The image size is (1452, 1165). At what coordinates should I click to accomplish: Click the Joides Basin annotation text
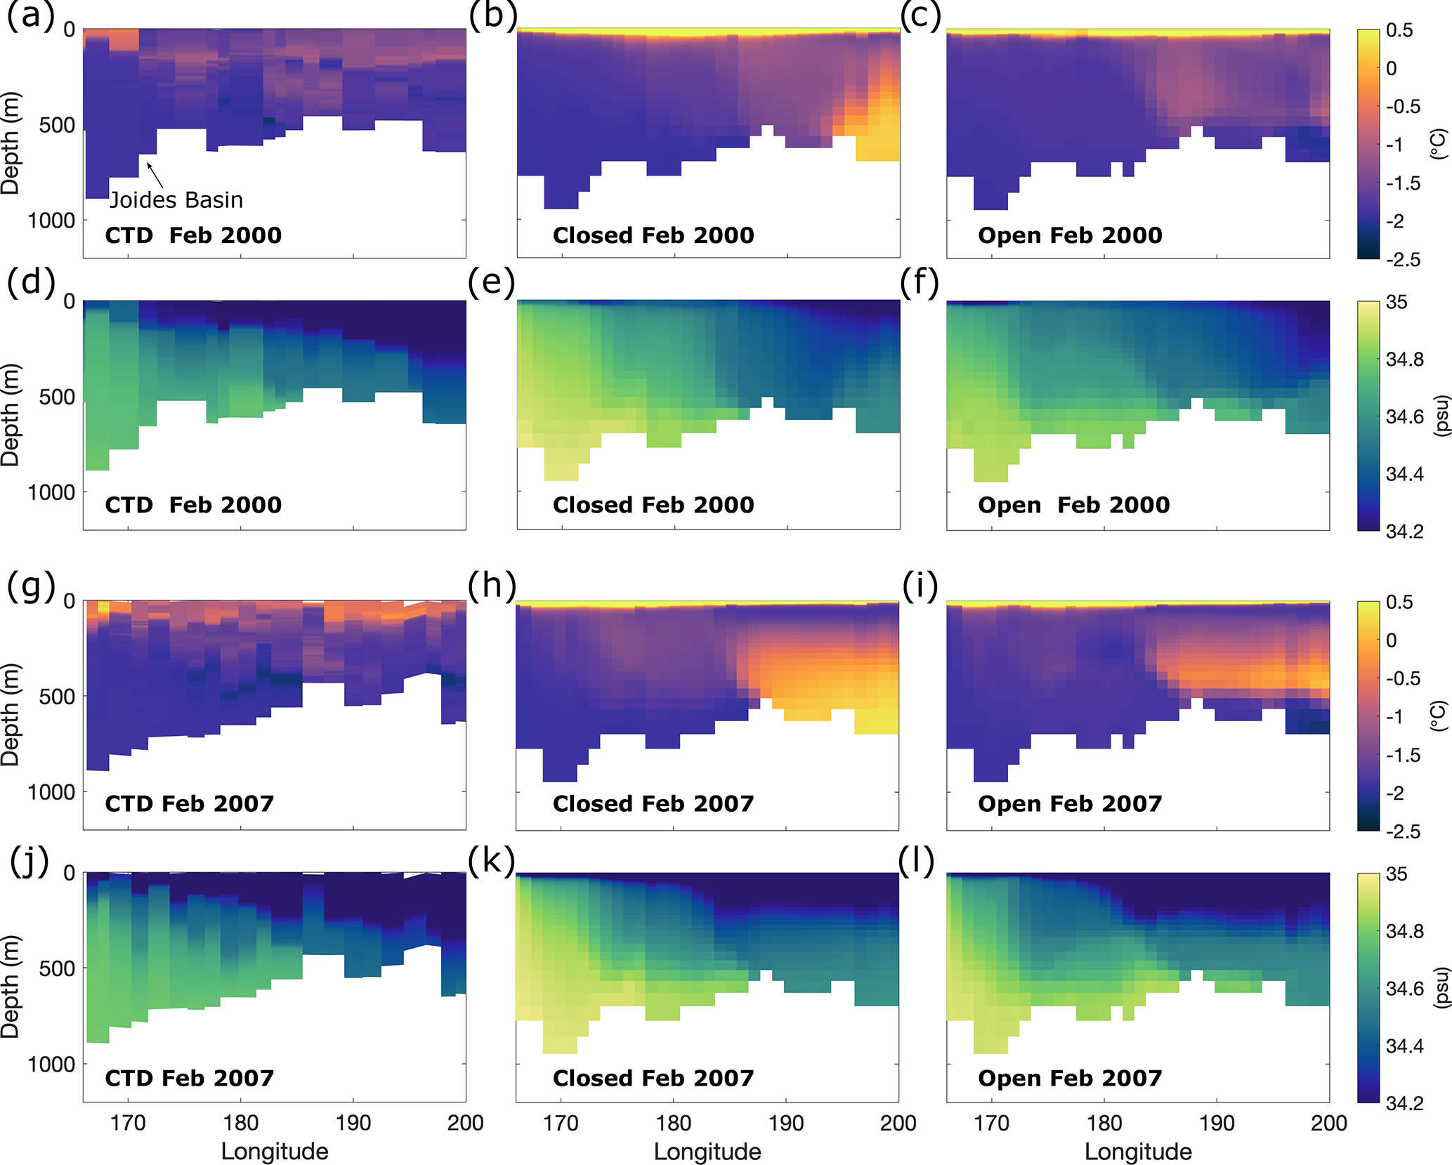coord(176,200)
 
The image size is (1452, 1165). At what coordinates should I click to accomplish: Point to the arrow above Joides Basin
coord(155,175)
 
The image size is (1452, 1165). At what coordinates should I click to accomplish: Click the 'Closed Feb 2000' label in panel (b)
coord(653,235)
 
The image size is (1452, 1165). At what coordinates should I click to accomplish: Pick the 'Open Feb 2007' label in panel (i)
coord(1070,803)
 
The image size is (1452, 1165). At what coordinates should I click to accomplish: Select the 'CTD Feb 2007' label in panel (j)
coord(190,1078)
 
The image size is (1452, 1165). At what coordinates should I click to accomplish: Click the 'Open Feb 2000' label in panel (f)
coord(1073,505)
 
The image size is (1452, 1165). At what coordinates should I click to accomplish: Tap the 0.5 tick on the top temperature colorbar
coord(1399,30)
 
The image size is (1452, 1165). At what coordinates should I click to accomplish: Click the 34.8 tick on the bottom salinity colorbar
coord(1404,932)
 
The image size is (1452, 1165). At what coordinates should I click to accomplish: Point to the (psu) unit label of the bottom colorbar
coord(1441,987)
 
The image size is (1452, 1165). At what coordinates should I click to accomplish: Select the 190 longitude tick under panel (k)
coord(786,1123)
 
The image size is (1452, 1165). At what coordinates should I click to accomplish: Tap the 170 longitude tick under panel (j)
coord(128,1123)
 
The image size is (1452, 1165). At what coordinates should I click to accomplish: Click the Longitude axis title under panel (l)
coord(1138,1152)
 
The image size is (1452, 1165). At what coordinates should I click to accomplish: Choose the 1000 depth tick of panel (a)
coord(51,221)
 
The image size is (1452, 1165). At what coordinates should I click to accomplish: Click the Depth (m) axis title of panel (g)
coord(11,714)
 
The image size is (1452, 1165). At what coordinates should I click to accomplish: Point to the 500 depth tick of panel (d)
coord(57,397)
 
